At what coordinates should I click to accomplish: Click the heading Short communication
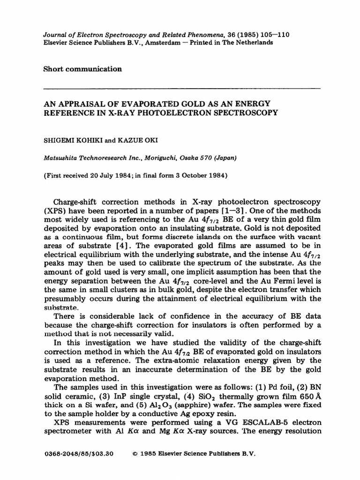coord(82,69)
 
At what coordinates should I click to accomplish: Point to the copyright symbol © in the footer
coord(135,454)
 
